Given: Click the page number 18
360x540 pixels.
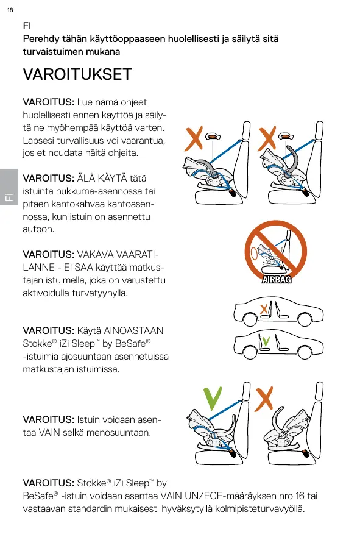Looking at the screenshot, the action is click(x=10, y=10).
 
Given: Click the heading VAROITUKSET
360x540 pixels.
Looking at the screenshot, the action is click(x=77, y=74).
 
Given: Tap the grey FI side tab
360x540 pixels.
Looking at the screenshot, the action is click(x=9, y=187).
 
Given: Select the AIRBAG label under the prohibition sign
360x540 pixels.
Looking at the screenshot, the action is click(x=277, y=280).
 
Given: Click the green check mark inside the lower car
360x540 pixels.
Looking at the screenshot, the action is click(x=266, y=341).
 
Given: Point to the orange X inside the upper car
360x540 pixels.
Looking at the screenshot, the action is click(x=264, y=309).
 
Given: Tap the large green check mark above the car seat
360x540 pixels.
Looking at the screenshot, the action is click(x=212, y=399).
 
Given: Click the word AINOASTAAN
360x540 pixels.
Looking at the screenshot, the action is click(x=133, y=330).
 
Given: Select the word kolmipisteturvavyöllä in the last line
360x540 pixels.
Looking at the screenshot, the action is click(x=260, y=509).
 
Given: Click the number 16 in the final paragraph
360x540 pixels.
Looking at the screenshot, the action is click(x=300, y=496).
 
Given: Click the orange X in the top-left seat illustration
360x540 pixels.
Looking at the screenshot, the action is click(x=194, y=138).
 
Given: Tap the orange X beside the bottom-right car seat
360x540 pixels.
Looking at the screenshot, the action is click(x=264, y=399).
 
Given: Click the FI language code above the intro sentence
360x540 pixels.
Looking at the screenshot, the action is click(x=27, y=26).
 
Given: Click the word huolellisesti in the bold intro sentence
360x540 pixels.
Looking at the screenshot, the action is click(x=194, y=39).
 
